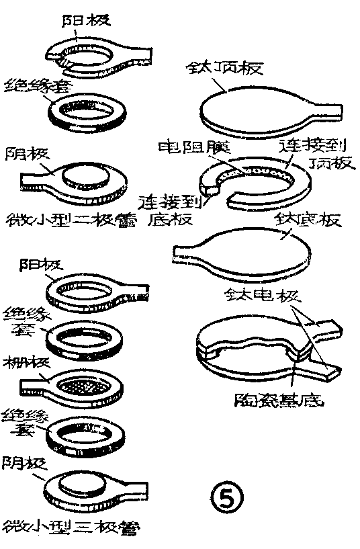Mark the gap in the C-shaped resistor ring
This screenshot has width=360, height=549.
[223, 196]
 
